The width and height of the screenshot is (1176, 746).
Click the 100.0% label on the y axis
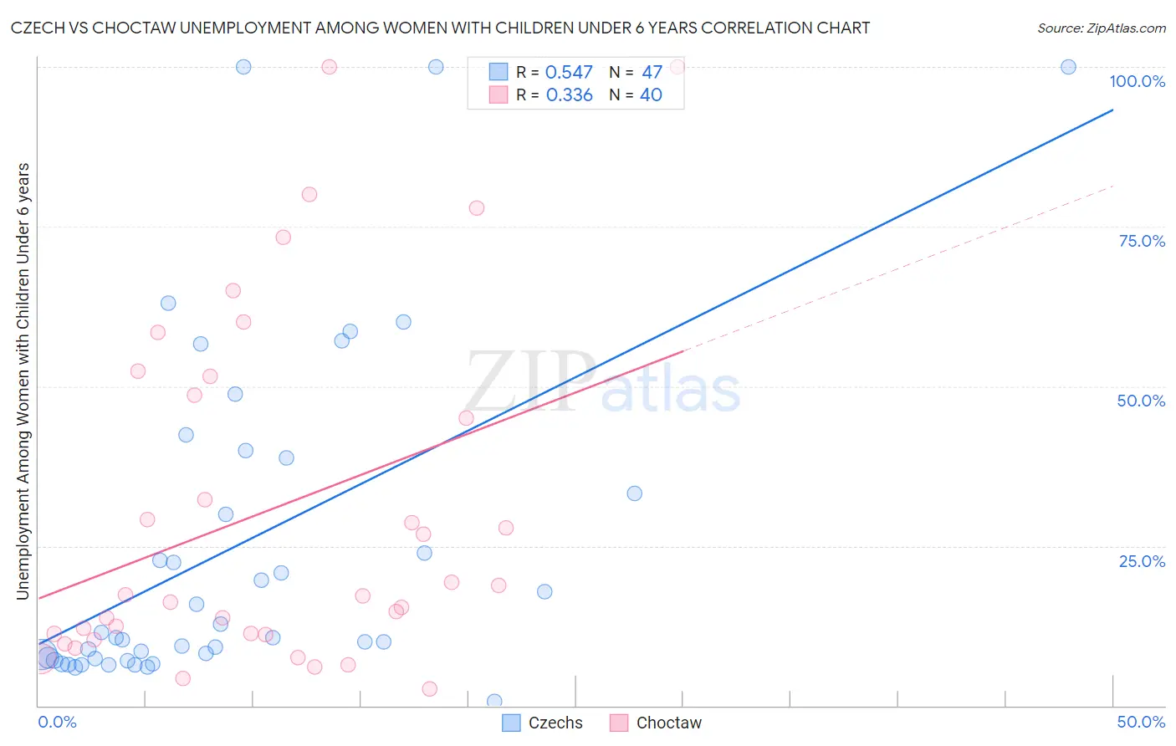(1137, 81)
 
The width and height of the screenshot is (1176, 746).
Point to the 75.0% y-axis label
(1142, 241)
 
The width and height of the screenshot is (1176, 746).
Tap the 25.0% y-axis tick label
(1142, 560)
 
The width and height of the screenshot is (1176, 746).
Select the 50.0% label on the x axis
(1141, 722)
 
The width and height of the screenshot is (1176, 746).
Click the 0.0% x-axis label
(57, 722)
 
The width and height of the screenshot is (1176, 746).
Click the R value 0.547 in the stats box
(569, 73)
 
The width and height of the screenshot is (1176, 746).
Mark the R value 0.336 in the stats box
(569, 95)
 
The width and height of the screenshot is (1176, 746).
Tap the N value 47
(652, 73)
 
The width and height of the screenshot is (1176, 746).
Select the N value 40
(651, 95)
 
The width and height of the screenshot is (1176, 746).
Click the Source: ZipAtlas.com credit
(1101, 28)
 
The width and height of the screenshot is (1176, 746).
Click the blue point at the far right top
(1068, 67)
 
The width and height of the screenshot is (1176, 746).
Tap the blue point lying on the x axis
(494, 701)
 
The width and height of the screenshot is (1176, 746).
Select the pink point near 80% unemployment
(309, 194)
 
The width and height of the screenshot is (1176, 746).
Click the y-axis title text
(23, 381)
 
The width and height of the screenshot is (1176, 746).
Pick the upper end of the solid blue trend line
(1112, 110)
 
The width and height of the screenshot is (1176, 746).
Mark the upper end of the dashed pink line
(1112, 186)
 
